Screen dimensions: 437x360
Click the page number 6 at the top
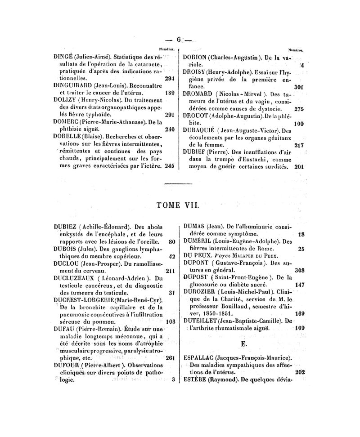coord(179,40)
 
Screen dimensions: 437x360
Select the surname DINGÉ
coord(63,58)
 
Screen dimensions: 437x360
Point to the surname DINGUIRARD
coord(72,86)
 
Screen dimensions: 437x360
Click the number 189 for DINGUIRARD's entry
coord(170,93)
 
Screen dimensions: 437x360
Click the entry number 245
coord(170,165)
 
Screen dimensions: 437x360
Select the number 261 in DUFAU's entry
coord(170,358)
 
